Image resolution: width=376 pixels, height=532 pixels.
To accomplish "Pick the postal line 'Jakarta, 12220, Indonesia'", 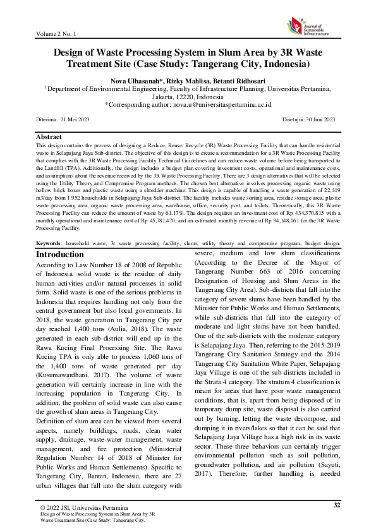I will (188, 97).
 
